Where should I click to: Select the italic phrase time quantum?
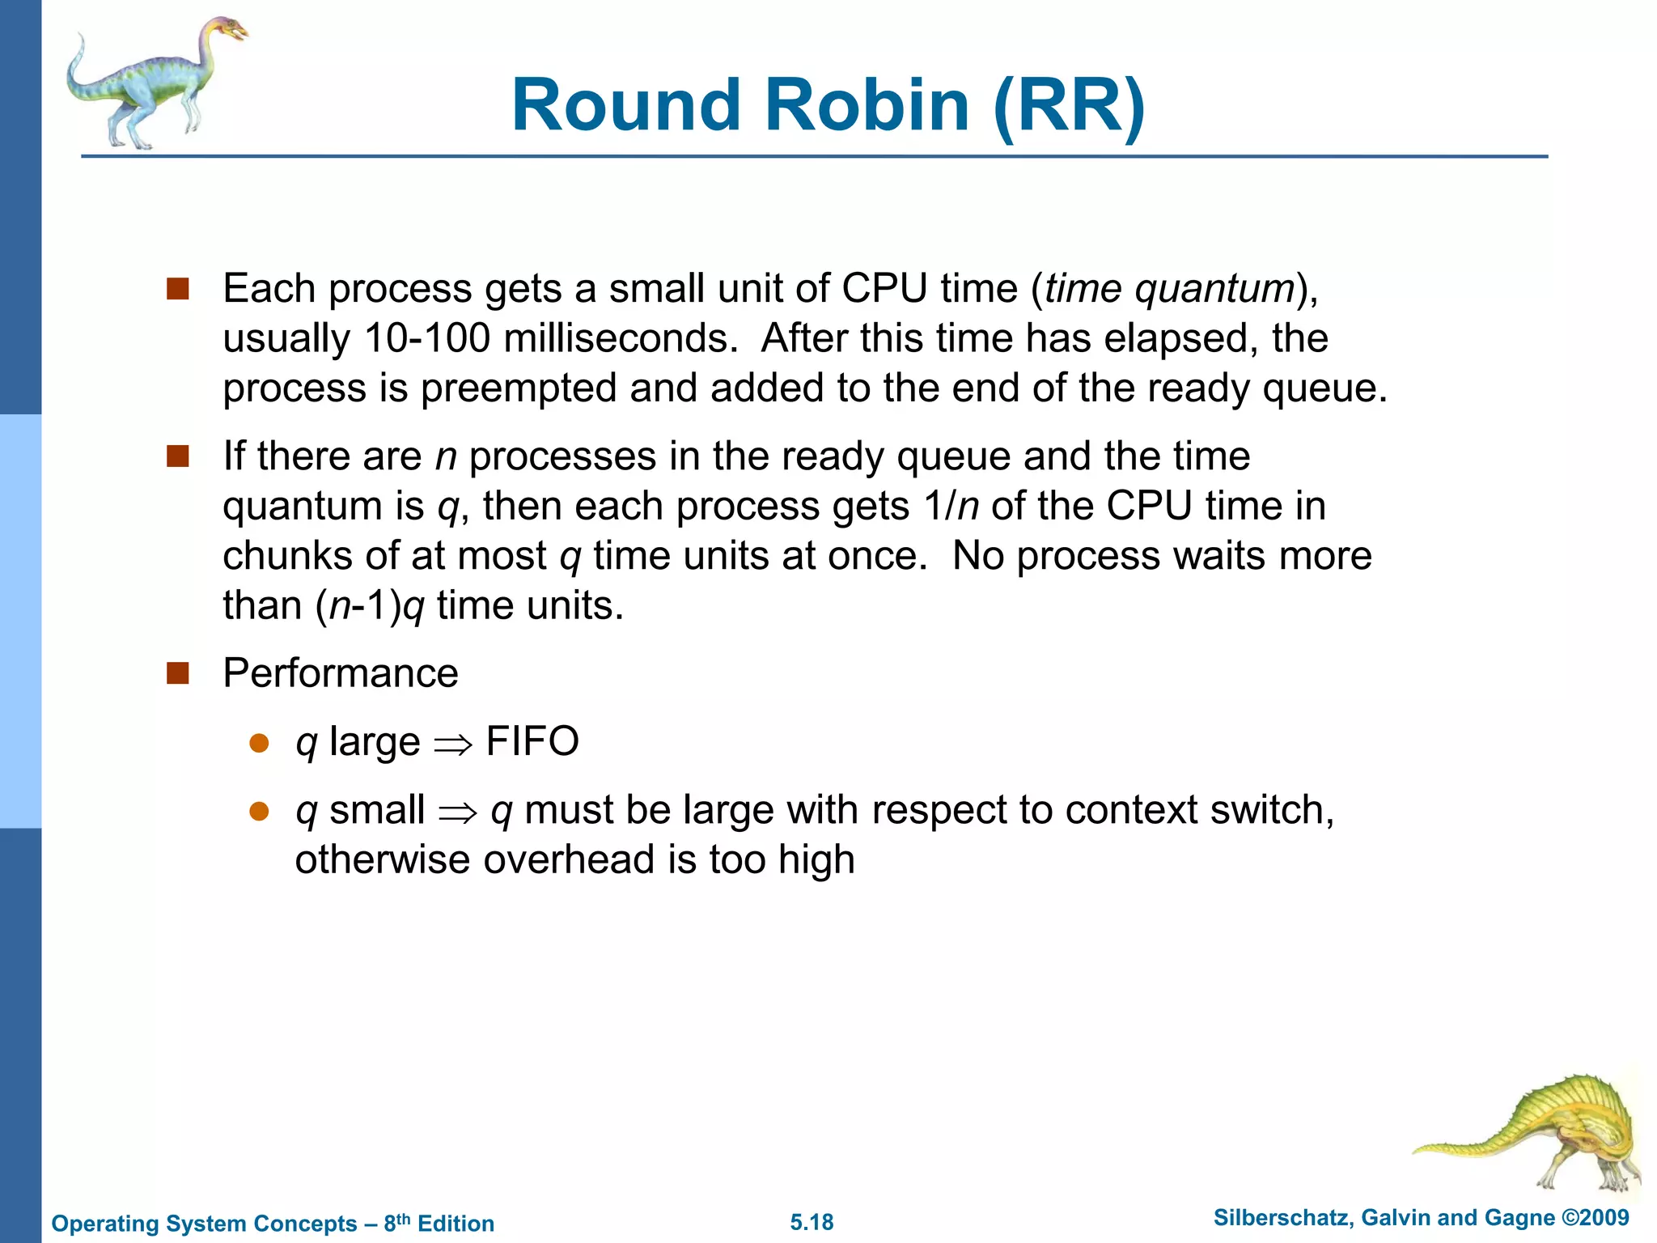click(x=1169, y=290)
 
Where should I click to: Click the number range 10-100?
click(x=427, y=338)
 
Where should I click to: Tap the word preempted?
click(x=518, y=388)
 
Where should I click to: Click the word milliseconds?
click(x=620, y=338)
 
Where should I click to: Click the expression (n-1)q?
click(x=370, y=606)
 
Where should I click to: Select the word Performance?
click(x=341, y=673)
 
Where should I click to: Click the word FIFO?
click(x=532, y=741)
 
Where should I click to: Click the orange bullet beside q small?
click(x=259, y=812)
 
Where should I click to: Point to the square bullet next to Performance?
click(x=177, y=673)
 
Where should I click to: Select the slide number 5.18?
click(x=812, y=1222)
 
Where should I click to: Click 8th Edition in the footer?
click(x=439, y=1223)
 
